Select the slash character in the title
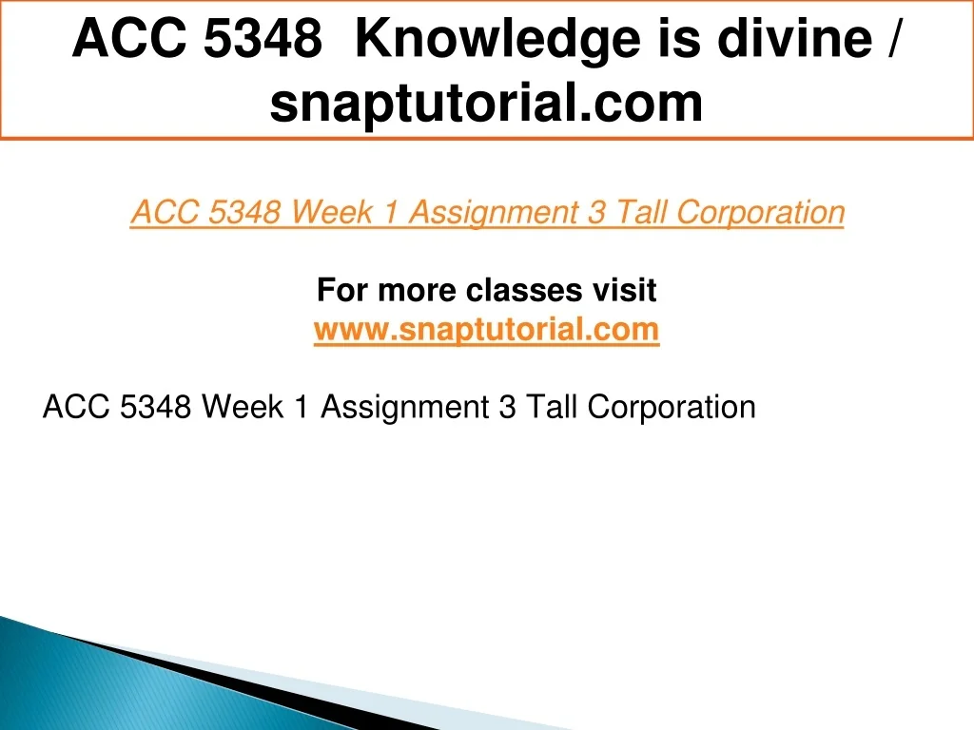892,38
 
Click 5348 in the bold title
263,38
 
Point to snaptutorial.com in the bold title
486,103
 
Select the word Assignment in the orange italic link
495,213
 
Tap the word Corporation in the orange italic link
760,213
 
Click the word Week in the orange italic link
331,212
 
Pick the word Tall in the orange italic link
640,212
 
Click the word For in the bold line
342,290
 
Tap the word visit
624,290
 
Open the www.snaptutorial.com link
486,329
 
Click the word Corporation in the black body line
672,407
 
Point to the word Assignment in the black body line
405,407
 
